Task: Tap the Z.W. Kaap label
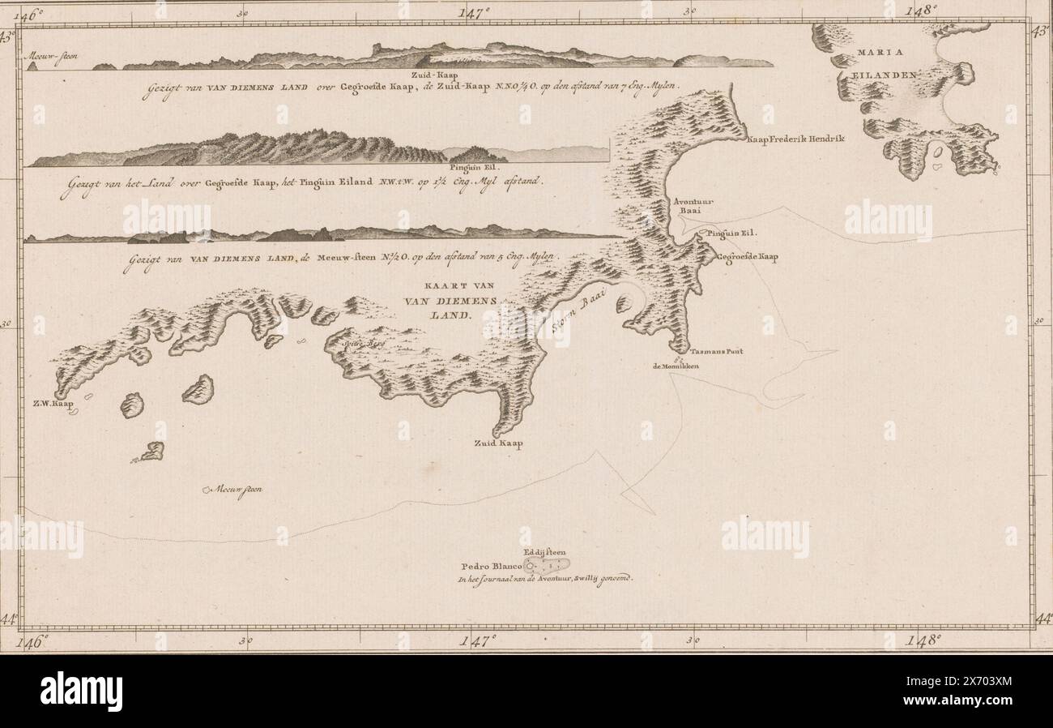click(53, 403)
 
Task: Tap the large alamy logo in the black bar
click(81, 692)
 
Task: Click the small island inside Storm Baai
click(623, 304)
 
